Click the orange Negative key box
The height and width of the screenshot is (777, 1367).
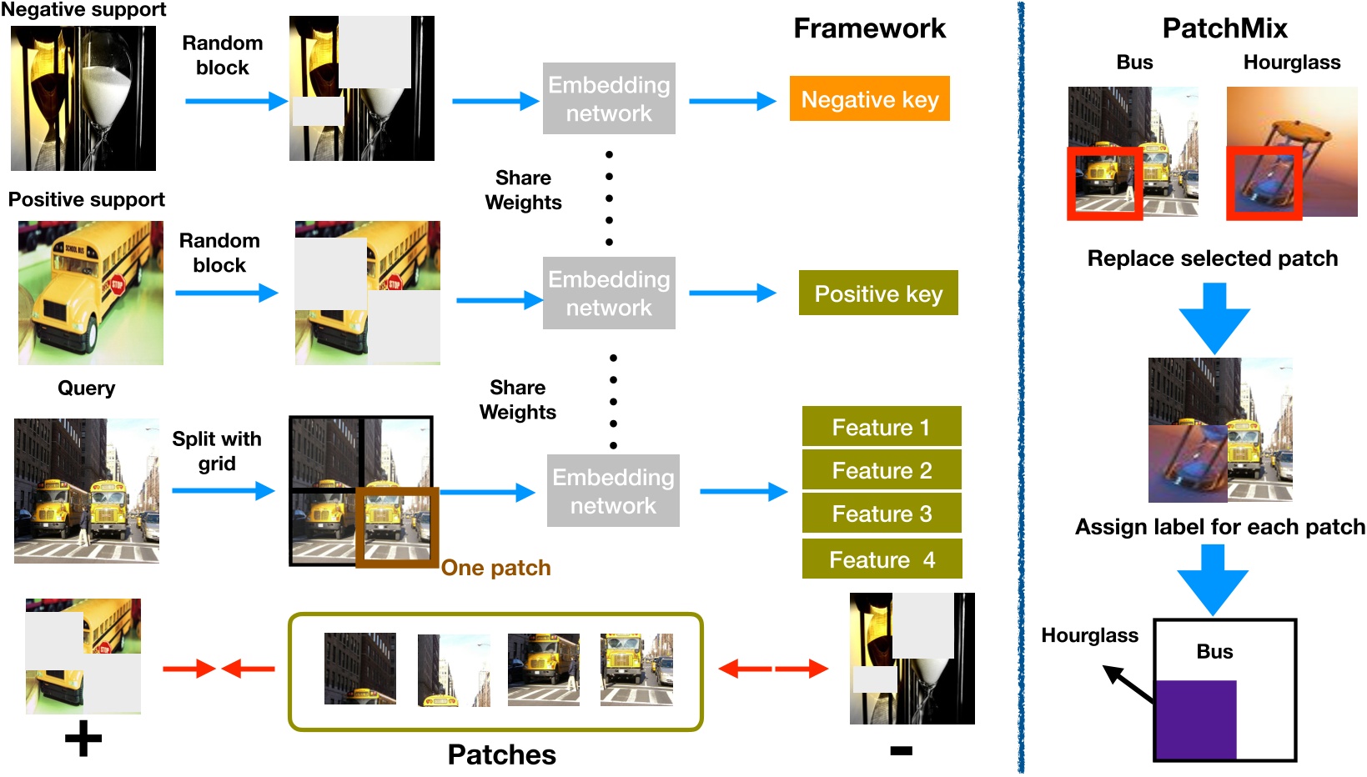pos(869,99)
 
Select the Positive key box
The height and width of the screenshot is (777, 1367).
pos(877,293)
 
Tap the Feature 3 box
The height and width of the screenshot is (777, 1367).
pos(881,514)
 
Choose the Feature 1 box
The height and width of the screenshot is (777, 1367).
pos(881,427)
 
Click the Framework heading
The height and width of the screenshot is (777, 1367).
pos(869,28)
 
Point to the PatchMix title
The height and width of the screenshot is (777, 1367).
pos(1224,28)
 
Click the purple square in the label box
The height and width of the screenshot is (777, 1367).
pos(1195,719)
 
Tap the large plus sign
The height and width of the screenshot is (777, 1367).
pos(83,739)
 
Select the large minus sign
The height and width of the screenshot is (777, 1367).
pos(901,750)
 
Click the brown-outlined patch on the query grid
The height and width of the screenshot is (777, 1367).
pos(397,527)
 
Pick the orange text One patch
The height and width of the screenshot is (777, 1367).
pos(495,568)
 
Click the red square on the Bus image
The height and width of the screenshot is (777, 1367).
pos(1104,183)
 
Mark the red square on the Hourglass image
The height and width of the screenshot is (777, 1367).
pos(1264,183)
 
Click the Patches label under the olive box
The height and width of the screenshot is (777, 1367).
pos(501,754)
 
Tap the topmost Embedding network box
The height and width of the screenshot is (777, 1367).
pos(609,98)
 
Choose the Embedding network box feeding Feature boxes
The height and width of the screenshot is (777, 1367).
pos(613,491)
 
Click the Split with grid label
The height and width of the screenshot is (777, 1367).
pos(217,451)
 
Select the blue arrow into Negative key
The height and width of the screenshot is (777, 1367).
pos(732,101)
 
